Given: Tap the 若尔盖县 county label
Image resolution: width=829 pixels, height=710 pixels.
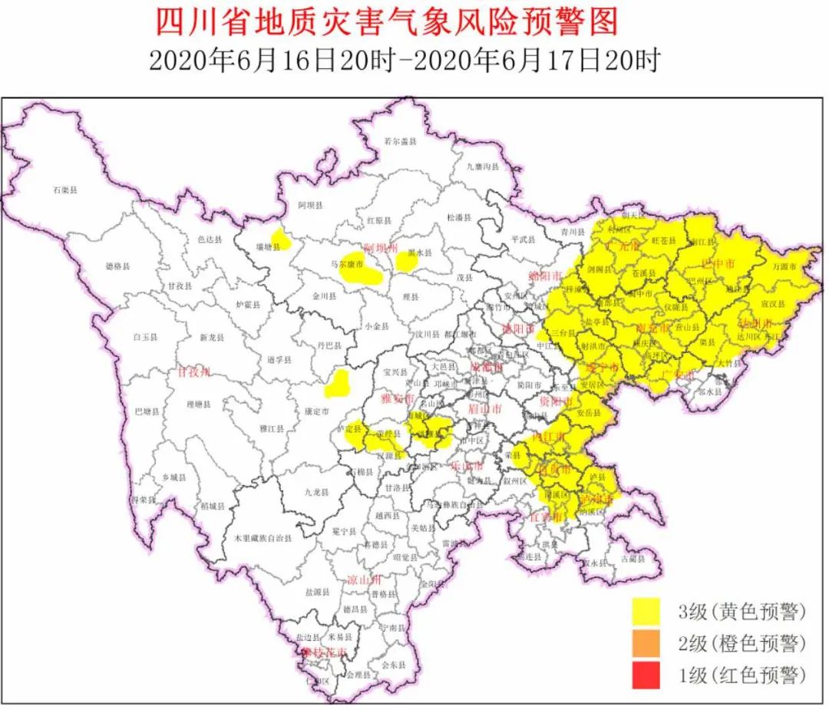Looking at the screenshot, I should pos(399,141).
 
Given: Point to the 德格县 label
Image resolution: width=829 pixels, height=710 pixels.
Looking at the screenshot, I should pos(117,266).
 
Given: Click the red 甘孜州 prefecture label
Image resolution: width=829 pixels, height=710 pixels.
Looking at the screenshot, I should pos(194,372).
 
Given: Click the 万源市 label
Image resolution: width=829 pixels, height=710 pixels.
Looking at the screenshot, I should pos(784,266).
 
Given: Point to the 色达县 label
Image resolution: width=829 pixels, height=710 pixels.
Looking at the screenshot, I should pos(209,239).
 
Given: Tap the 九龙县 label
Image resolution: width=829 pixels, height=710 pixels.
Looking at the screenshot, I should pos(316,492).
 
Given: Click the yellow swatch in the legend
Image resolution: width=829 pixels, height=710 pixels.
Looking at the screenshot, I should pos(649,612).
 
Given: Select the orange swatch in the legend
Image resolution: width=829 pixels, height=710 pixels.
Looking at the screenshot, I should pos(649,643).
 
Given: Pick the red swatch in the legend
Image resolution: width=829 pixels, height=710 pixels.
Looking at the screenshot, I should pos(649,675).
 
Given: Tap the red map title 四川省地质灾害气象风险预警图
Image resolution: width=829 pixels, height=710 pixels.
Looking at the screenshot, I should pos(387,21).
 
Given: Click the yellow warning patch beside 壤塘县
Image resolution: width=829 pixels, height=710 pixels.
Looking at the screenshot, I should pos(281,240).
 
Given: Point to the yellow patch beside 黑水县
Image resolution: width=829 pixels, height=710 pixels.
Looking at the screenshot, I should pos(406,262).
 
